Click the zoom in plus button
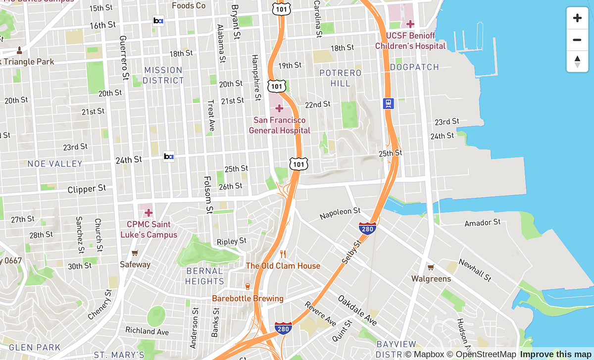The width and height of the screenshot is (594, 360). click(x=577, y=18)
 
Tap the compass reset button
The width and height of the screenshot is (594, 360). click(x=577, y=62)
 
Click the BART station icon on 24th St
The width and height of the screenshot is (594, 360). click(x=169, y=157)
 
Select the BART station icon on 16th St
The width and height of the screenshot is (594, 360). click(x=158, y=21)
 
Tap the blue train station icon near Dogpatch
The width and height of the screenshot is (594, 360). click(x=389, y=103)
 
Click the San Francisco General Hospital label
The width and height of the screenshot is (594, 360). click(x=279, y=125)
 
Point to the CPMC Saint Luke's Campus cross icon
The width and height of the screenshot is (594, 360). click(x=148, y=213)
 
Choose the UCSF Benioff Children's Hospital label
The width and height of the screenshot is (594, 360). click(x=410, y=41)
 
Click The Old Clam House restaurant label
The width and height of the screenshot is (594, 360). click(x=283, y=265)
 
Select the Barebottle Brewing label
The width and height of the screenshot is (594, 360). click(x=247, y=298)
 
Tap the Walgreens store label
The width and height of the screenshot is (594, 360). click(x=431, y=278)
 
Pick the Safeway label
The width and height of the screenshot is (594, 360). click(x=135, y=264)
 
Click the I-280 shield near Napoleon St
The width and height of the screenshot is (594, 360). click(x=367, y=228)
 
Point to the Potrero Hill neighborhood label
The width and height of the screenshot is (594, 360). click(x=341, y=78)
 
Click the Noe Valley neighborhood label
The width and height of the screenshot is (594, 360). click(x=55, y=163)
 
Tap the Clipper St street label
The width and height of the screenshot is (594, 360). click(x=87, y=189)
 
